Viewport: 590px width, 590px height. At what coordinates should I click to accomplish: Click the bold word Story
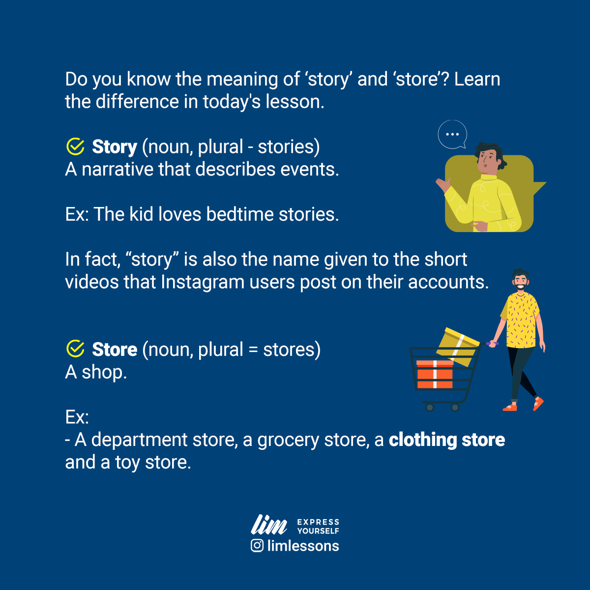(115, 147)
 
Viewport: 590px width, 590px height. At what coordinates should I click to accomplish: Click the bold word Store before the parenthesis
(115, 350)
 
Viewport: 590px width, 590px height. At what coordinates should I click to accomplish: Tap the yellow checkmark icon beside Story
(75, 147)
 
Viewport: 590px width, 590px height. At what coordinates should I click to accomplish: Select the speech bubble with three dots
(452, 134)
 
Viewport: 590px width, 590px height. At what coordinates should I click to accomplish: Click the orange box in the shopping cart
(435, 374)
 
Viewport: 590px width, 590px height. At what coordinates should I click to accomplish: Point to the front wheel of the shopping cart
(430, 407)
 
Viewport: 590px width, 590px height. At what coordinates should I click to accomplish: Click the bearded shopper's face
(520, 281)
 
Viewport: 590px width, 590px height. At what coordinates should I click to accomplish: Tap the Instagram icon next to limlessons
(257, 546)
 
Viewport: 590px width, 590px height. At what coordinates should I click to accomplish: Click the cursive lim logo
(269, 525)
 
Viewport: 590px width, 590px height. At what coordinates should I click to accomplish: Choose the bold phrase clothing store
(446, 440)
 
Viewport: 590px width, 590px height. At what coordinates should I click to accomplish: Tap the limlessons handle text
(303, 546)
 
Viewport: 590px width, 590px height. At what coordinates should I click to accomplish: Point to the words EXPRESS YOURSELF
(318, 526)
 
